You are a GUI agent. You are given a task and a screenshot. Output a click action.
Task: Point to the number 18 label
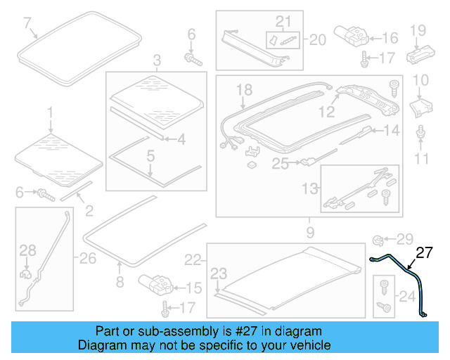pos(244,89)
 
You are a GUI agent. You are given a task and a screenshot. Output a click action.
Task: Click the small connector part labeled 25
pos(307,165)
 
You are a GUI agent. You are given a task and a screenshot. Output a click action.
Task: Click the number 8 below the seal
pos(119,283)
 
